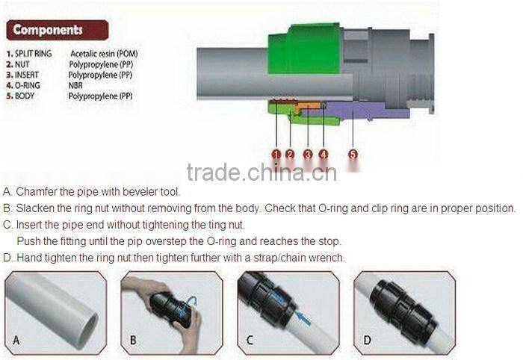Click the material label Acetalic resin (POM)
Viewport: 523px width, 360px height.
[x=105, y=54]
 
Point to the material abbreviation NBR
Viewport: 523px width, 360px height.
[x=77, y=86]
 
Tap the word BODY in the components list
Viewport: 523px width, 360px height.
[x=27, y=96]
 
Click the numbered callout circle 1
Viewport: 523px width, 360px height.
[x=276, y=155]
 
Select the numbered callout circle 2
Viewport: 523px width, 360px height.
[x=290, y=155]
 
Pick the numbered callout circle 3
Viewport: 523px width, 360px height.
[x=308, y=155]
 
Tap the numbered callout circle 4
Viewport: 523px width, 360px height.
[x=323, y=155]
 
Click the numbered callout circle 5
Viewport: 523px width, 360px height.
[x=353, y=155]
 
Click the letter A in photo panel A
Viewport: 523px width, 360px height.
[x=16, y=341]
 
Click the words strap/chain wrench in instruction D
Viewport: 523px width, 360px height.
[x=302, y=258]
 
